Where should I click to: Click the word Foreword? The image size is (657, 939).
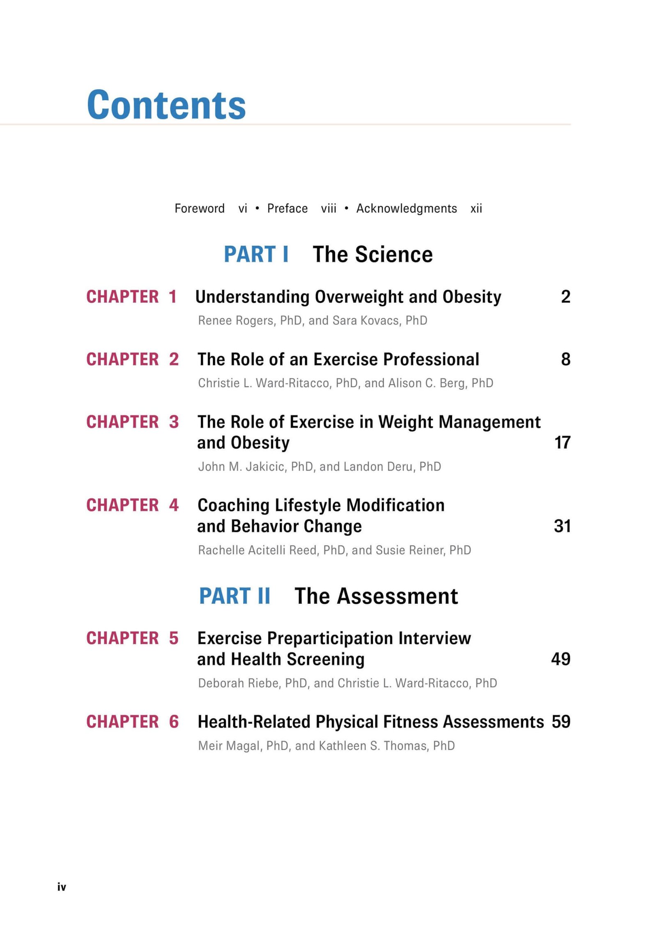[x=200, y=209]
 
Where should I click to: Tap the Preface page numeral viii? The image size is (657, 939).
[x=328, y=209]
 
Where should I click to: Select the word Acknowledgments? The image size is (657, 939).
[x=407, y=209]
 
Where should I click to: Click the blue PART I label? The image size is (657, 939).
[x=256, y=254]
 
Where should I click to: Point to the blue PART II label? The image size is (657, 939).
[x=234, y=596]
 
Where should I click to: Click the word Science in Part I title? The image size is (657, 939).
[x=394, y=254]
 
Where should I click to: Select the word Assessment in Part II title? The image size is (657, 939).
[x=397, y=596]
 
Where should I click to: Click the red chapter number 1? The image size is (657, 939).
[x=173, y=297]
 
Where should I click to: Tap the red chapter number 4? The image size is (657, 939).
[x=174, y=505]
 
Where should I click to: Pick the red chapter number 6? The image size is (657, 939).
[x=174, y=722]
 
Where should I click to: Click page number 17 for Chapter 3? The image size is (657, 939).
[x=562, y=443]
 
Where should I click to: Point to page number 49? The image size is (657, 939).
[x=561, y=659]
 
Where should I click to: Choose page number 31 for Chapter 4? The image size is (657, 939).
[x=562, y=526]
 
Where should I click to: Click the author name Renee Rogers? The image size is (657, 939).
[x=236, y=321]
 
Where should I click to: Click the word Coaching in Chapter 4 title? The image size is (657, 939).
[x=233, y=505]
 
